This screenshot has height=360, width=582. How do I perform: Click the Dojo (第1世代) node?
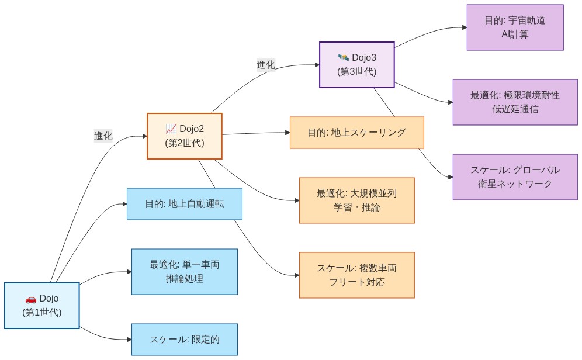click(x=41, y=306)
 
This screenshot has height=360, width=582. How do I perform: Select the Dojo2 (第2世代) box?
click(x=184, y=136)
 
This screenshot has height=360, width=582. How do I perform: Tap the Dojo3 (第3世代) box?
click(x=356, y=64)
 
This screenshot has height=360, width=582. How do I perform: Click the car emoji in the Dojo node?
click(x=31, y=299)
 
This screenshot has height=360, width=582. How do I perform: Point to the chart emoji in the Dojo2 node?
click(x=171, y=129)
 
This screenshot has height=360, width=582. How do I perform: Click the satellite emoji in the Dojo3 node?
click(x=343, y=57)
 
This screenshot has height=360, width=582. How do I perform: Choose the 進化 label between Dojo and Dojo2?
click(x=103, y=136)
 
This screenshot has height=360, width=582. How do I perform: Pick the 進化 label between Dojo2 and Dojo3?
click(x=266, y=64)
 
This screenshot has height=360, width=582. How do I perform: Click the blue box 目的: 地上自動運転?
click(x=184, y=204)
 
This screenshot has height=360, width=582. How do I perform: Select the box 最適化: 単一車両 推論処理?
click(x=184, y=272)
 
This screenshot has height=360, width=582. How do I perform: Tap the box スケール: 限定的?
click(x=184, y=340)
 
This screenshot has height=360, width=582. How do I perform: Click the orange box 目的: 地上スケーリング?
click(x=356, y=133)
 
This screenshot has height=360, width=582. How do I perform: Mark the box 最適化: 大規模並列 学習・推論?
click(x=356, y=200)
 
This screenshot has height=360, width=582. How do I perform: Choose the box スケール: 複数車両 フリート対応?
click(x=356, y=275)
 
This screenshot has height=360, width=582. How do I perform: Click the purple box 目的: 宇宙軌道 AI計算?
click(x=515, y=27)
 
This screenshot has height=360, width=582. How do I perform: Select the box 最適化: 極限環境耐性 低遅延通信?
click(x=515, y=102)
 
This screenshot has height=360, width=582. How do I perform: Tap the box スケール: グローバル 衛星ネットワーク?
click(x=515, y=177)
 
